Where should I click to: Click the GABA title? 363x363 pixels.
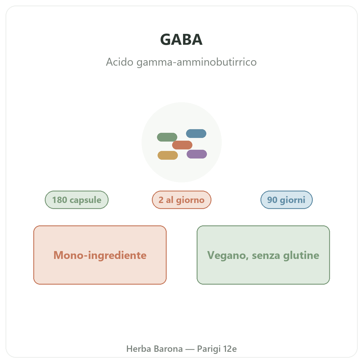tap(181, 40)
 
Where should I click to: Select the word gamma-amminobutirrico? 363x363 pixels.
tap(197, 62)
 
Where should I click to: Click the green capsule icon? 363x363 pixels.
tap(167, 137)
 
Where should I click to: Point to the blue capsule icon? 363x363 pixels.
tap(196, 133)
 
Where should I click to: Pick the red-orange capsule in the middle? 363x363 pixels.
tap(182, 145)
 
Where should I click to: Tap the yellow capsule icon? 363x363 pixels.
tap(168, 155)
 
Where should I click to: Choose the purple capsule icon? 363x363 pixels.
tap(197, 154)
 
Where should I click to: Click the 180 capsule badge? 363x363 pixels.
tap(77, 200)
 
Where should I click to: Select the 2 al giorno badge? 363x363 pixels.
tap(181, 200)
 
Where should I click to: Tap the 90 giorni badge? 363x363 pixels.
tap(286, 200)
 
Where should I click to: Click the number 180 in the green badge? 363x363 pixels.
tap(60, 200)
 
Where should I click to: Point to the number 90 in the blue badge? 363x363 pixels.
tap(272, 200)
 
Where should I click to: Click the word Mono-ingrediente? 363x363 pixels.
tap(100, 255)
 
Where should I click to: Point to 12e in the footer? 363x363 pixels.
tap(230, 349)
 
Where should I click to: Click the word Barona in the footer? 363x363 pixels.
tap(168, 349)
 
